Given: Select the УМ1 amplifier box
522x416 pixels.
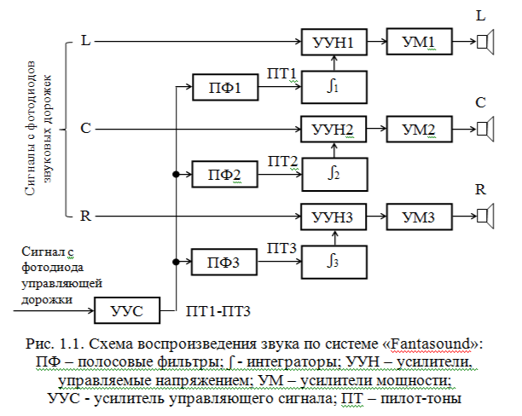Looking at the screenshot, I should coord(419,41).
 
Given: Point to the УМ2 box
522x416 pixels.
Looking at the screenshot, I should coord(419,130).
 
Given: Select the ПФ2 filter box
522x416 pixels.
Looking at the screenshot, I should coord(224,175).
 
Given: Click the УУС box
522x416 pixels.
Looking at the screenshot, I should coord(126,312).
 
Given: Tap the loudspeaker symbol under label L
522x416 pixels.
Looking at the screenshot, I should coord(484,41).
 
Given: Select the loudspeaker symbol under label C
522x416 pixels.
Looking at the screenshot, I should coord(484,130).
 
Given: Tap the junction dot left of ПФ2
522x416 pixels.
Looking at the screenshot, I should coord(176,175).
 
